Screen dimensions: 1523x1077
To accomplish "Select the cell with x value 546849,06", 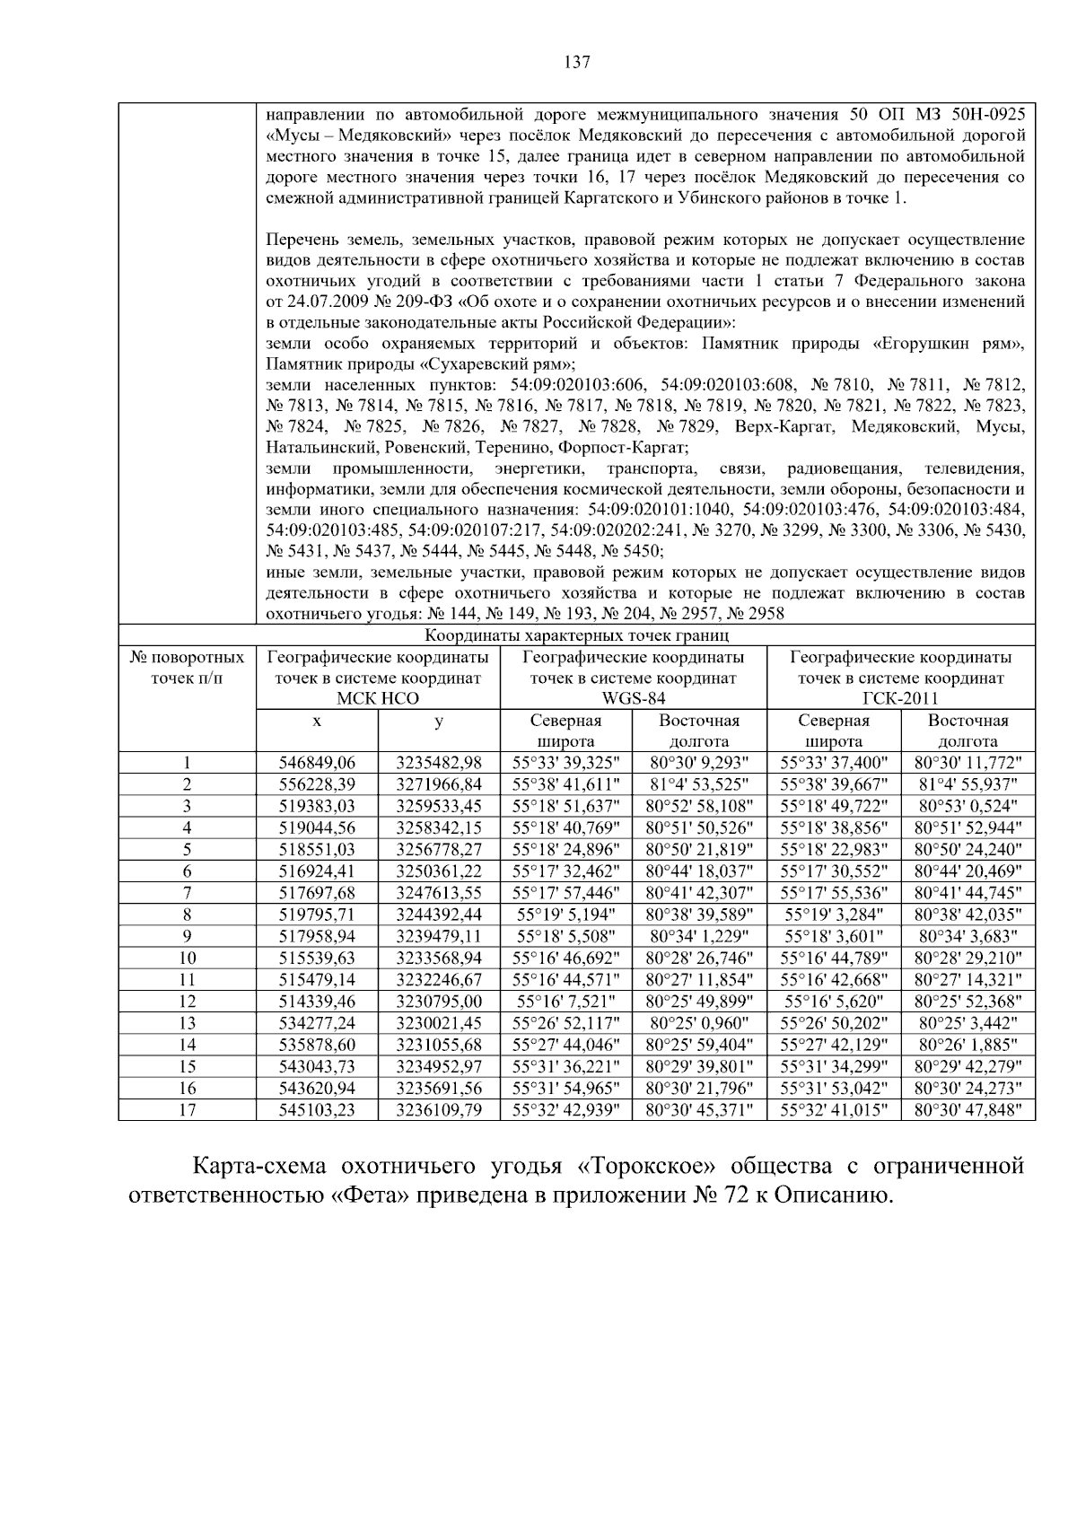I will [x=318, y=763].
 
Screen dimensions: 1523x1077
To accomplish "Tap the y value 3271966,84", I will [x=439, y=784].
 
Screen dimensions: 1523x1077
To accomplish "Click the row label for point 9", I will [x=187, y=936].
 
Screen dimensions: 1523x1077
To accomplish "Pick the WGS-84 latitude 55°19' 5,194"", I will [x=565, y=915].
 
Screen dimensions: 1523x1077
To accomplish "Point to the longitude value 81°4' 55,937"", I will [x=968, y=784].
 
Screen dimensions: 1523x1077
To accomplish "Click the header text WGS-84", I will [x=633, y=698].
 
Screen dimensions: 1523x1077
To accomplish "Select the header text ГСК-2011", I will [x=900, y=698].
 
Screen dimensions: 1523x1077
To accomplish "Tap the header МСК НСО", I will [x=377, y=698].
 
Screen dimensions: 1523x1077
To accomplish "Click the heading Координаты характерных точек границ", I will [x=576, y=635].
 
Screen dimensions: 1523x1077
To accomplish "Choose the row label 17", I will [x=187, y=1109].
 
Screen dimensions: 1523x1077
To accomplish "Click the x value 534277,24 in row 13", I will [x=318, y=1023].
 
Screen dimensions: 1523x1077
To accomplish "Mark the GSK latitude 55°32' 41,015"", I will [x=834, y=1109].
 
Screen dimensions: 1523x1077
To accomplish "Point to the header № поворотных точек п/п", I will [x=187, y=668].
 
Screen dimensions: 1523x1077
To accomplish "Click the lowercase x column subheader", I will [x=318, y=720].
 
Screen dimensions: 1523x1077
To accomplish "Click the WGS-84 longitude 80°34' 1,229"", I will [x=699, y=936].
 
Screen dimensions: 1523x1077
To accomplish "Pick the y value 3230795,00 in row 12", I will [x=439, y=1002].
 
